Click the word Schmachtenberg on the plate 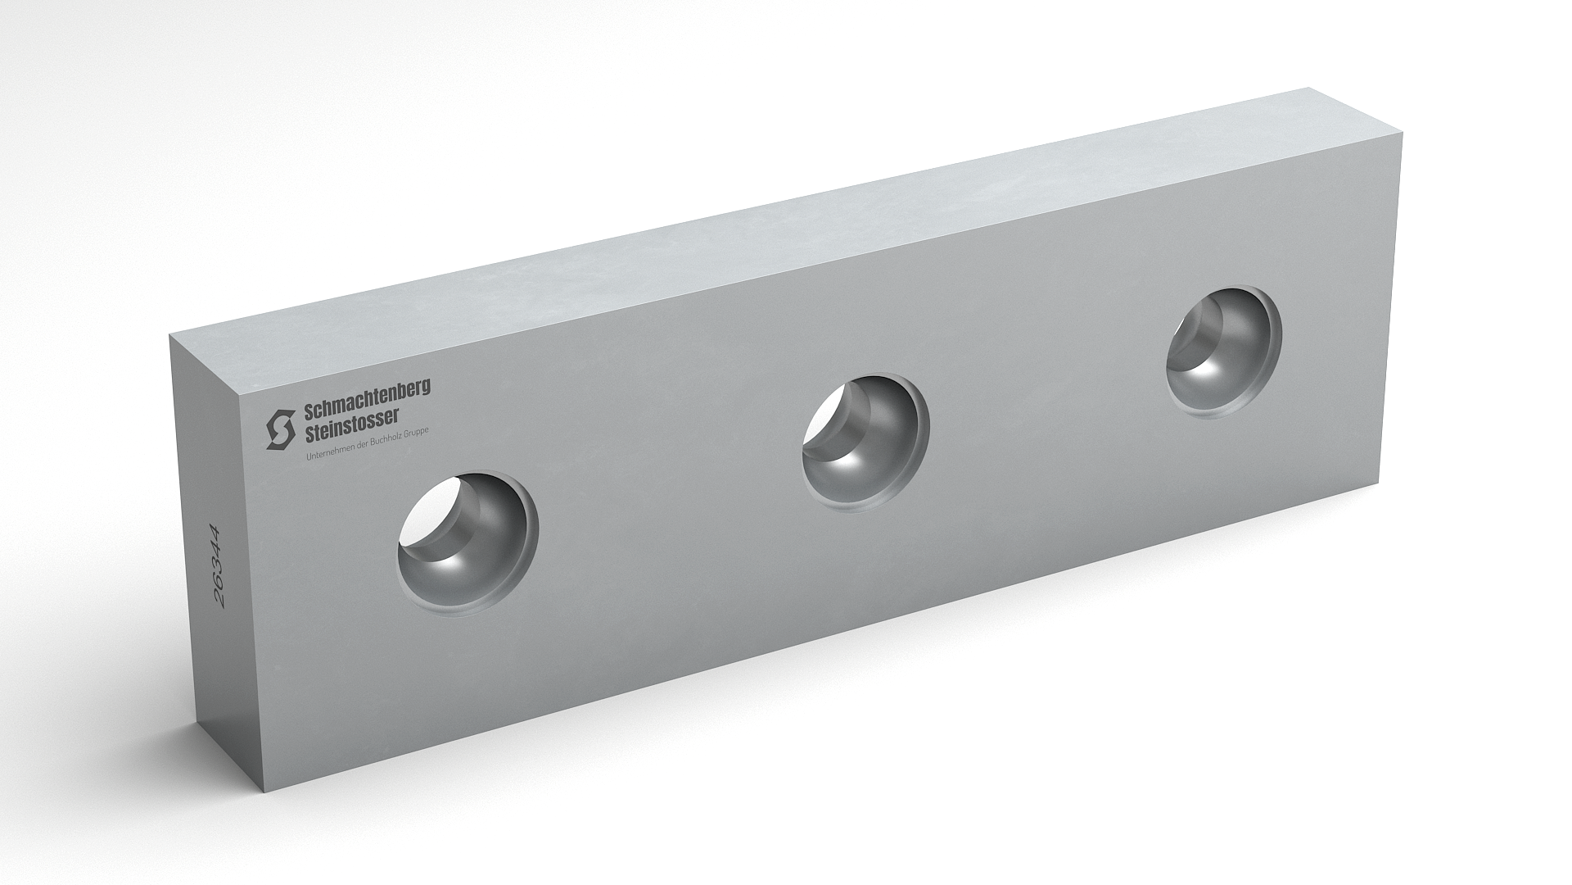tap(367, 394)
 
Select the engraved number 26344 tap(219, 565)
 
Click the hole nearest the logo tap(468, 542)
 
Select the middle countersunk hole tap(865, 444)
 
